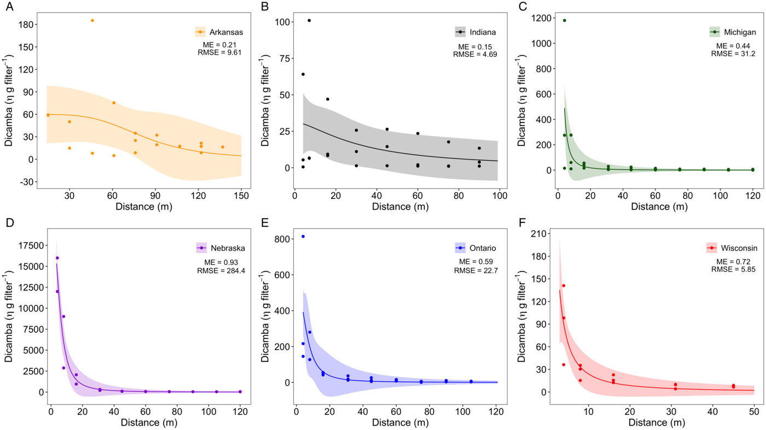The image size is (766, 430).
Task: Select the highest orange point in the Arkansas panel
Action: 92,21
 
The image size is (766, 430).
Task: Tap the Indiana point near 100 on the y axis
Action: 309,21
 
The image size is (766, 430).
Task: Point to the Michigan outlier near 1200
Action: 564,21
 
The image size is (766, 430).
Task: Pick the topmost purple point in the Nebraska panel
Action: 57,258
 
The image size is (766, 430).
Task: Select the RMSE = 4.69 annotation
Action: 475,54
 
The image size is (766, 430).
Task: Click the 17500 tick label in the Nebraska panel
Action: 27,246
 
